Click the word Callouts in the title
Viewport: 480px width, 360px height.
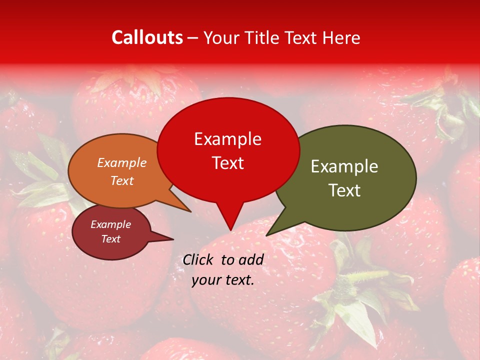click(x=147, y=37)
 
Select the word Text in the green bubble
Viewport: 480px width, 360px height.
click(x=344, y=190)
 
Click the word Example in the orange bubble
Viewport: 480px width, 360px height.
click(x=122, y=162)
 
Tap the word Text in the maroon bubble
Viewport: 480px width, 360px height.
click(x=111, y=239)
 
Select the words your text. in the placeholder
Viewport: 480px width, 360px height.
click(x=223, y=280)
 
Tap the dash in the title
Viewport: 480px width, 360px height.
click(x=193, y=37)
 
